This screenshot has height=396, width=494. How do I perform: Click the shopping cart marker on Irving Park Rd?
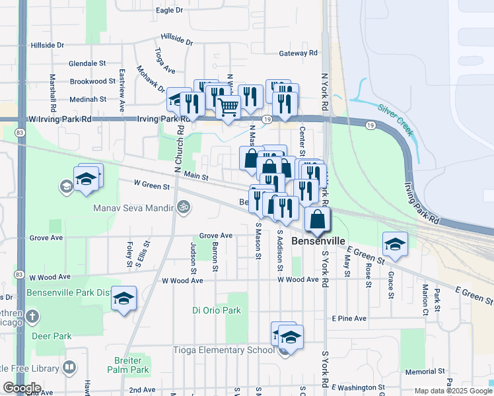tap(228, 108)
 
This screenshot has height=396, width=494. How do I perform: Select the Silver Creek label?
tap(396, 119)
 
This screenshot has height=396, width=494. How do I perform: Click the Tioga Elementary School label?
tap(224, 350)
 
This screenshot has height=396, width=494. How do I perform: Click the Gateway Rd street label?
tap(299, 53)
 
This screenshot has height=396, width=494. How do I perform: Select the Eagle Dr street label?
tap(170, 11)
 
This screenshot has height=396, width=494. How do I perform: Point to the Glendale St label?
tap(88, 63)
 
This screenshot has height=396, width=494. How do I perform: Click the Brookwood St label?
tap(92, 81)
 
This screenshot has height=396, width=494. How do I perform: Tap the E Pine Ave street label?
tap(349, 318)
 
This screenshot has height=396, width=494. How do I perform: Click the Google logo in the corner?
tap(21, 388)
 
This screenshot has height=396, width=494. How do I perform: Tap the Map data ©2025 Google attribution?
tap(452, 391)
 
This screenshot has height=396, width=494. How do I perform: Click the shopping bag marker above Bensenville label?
tap(318, 220)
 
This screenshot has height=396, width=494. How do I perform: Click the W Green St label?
tap(152, 185)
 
